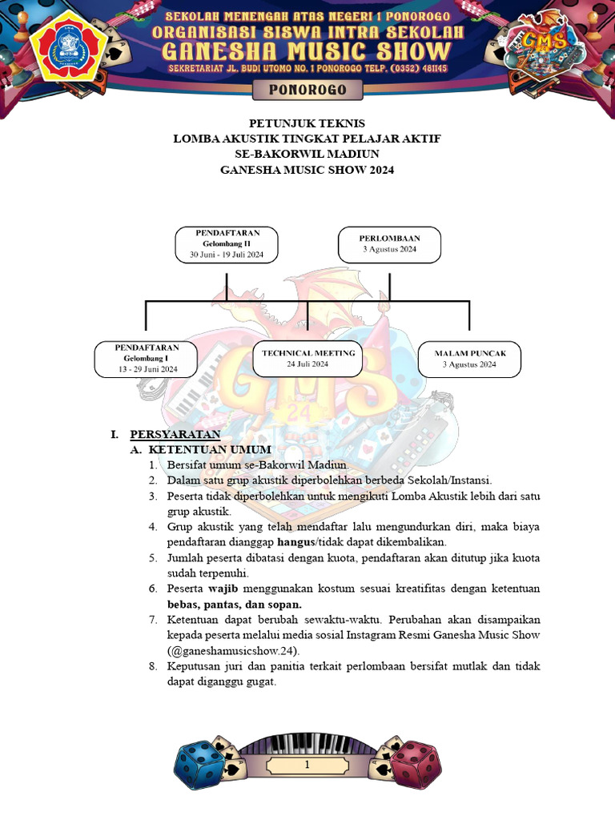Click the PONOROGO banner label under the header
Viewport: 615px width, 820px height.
point(307,90)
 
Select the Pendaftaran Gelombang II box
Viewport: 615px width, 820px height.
point(227,243)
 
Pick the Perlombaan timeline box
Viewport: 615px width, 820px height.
point(389,243)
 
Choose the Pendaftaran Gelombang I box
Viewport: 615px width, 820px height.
point(146,359)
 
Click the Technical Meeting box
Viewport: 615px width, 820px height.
point(307,358)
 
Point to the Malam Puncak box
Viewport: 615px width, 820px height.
point(469,358)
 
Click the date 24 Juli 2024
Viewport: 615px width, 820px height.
point(307,364)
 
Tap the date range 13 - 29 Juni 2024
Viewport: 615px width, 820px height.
point(146,370)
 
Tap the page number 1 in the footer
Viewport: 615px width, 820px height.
point(307,766)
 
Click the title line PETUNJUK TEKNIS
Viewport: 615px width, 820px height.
point(307,123)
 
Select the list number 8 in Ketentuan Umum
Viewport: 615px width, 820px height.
point(152,666)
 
